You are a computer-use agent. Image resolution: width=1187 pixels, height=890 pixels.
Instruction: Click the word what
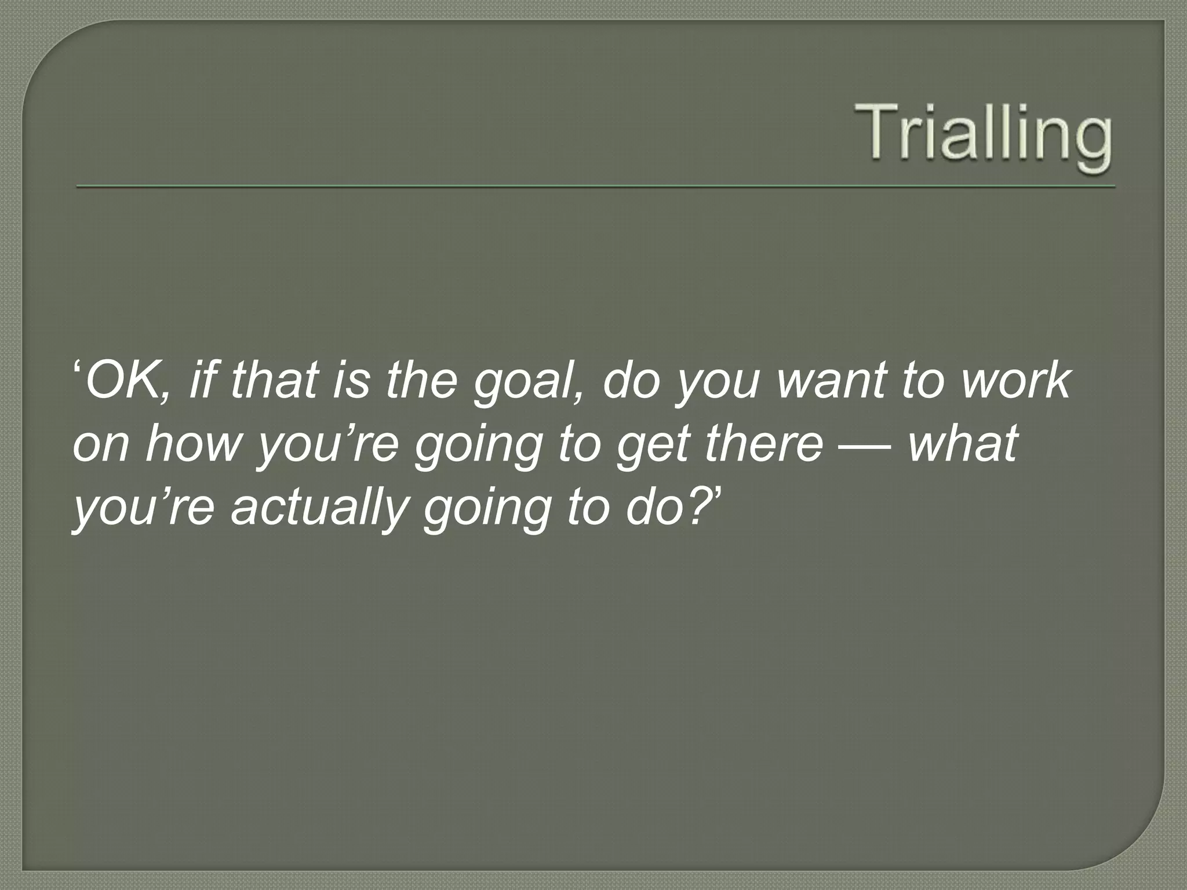pos(963,444)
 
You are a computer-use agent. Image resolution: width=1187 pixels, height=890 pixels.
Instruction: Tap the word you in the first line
pos(717,382)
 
